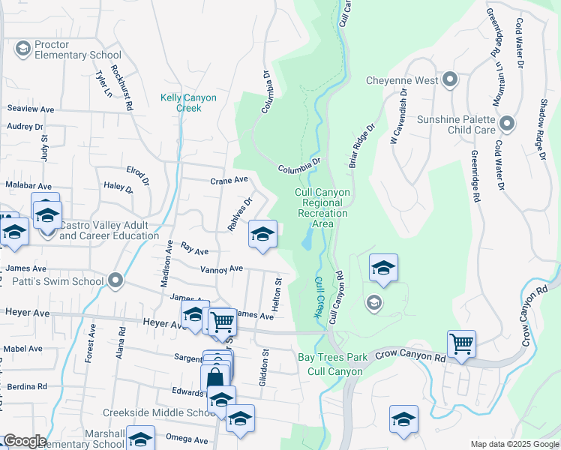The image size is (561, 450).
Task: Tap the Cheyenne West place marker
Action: coord(450,79)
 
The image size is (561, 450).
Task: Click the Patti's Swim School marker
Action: coord(115,281)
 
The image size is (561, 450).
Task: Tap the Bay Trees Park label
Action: coord(332,357)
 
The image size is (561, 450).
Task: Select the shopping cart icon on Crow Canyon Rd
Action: coord(461,344)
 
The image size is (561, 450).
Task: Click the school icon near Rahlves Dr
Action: coord(262,235)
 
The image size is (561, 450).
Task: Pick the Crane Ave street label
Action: coord(229,181)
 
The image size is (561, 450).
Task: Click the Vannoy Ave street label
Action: coord(221,268)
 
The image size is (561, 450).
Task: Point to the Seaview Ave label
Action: coord(31,109)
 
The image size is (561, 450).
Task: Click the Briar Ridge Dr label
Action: coord(360,146)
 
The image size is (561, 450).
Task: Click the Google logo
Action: coord(24,441)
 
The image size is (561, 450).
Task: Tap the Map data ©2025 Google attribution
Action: coord(514,444)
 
